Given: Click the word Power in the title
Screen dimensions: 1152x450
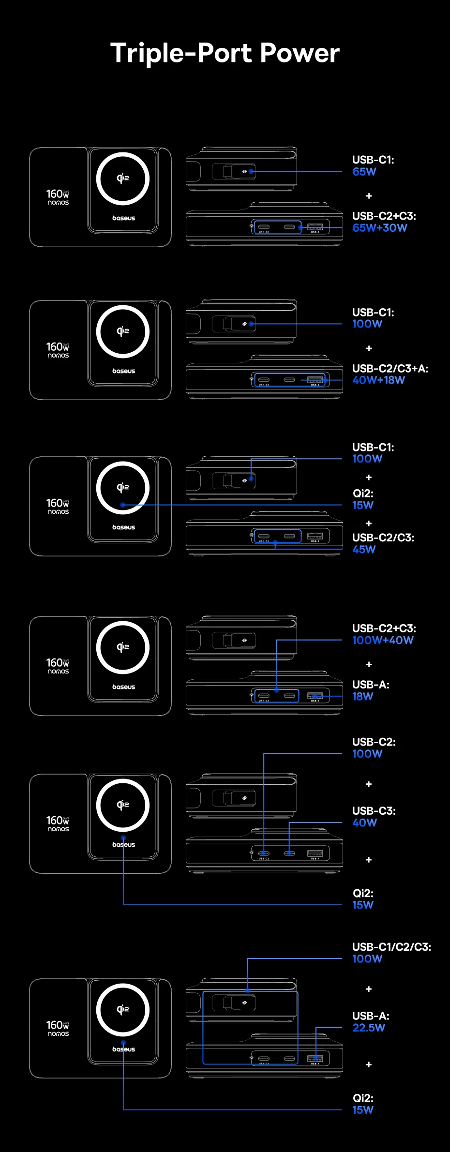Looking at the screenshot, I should (300, 53).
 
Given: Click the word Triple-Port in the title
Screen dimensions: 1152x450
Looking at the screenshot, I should (181, 53).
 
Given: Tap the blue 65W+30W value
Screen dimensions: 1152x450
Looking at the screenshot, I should (379, 228).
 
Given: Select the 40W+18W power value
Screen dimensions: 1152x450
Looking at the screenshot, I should (378, 380).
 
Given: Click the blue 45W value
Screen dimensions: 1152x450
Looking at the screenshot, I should (363, 550).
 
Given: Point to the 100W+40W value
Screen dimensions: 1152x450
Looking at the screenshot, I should (382, 641).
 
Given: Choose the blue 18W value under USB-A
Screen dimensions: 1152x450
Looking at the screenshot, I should (362, 697).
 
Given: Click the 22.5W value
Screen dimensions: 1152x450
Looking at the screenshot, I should (368, 1028).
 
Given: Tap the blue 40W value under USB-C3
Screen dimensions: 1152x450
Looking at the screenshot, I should (364, 823).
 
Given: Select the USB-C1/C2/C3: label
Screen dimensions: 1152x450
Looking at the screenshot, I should (391, 947).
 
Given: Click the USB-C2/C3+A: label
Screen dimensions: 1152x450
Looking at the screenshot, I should (390, 369).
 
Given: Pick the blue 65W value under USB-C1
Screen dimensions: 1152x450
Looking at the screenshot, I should (364, 172).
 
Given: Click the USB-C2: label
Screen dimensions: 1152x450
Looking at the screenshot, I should (374, 742).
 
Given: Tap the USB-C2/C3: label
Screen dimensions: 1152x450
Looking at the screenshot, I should (383, 538).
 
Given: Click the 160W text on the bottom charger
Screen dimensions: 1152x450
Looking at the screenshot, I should (58, 1025).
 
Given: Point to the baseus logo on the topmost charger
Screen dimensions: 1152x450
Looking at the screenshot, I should (123, 218).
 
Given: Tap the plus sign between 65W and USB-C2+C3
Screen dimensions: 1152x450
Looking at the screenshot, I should (369, 196).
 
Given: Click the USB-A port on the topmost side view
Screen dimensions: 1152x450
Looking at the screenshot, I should (315, 227).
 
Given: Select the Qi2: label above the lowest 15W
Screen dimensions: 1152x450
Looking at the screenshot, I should (362, 1098).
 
